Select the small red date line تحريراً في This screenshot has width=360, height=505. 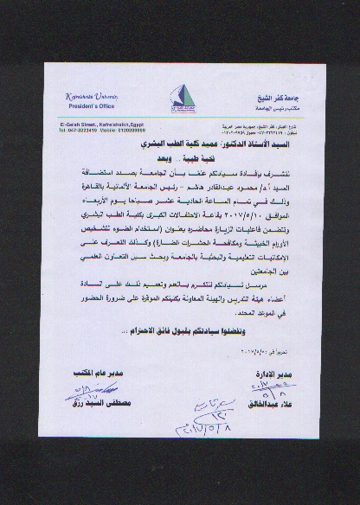pyautogui.click(x=202, y=352)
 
